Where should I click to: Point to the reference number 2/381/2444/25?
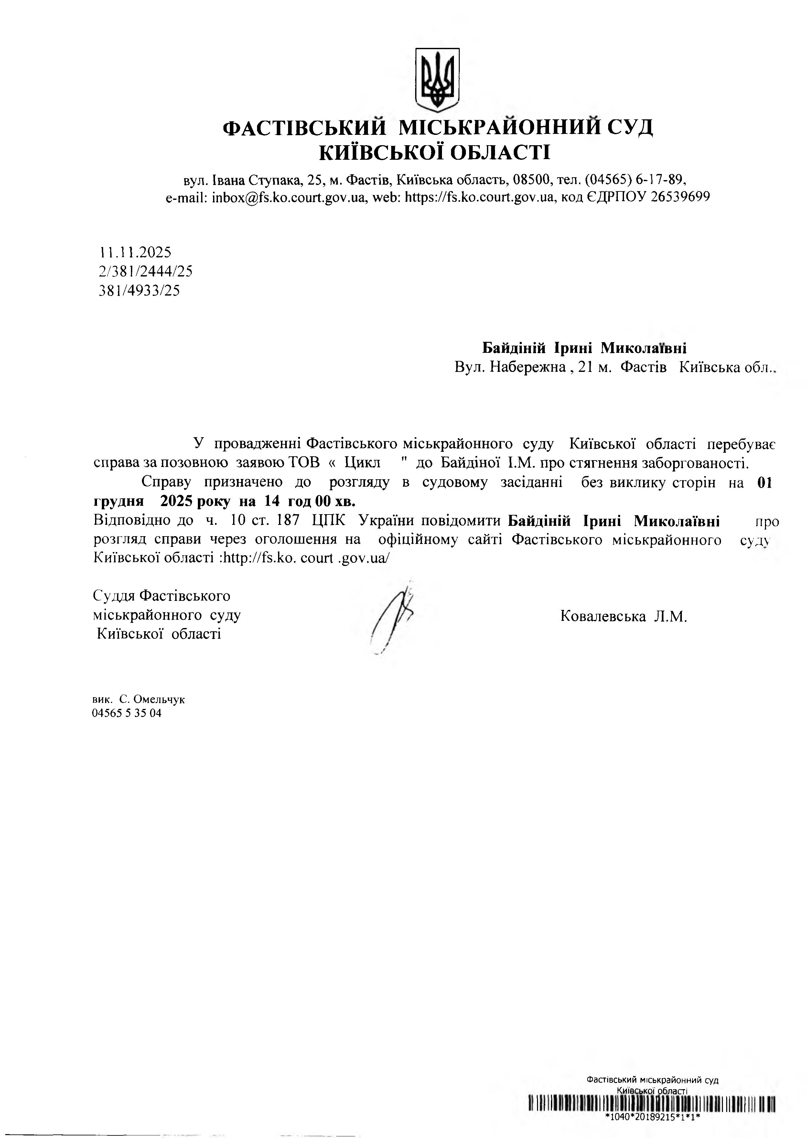(146, 271)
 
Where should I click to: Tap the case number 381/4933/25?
(140, 290)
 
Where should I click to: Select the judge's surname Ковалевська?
(603, 617)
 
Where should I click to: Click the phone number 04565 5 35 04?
(127, 714)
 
